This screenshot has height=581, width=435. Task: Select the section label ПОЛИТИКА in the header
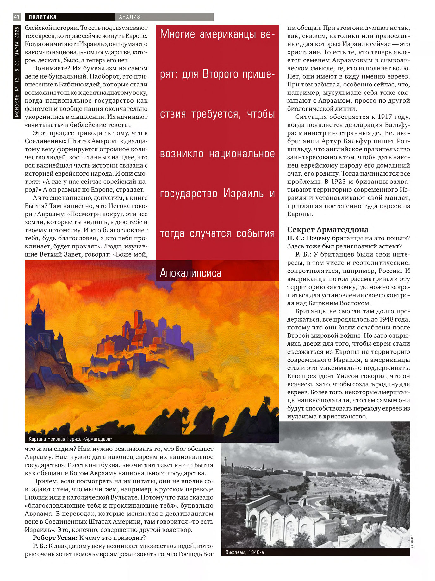pyautogui.click(x=43, y=17)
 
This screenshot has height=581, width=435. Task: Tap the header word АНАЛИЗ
pyautogui.click(x=129, y=17)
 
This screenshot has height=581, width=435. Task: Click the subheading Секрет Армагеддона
pyautogui.click(x=327, y=230)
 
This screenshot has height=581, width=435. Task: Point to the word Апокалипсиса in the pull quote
pyautogui.click(x=190, y=273)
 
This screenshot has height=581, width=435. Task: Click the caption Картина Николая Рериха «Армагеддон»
pyautogui.click(x=70, y=439)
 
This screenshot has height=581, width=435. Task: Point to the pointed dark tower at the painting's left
pyautogui.click(x=38, y=317)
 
